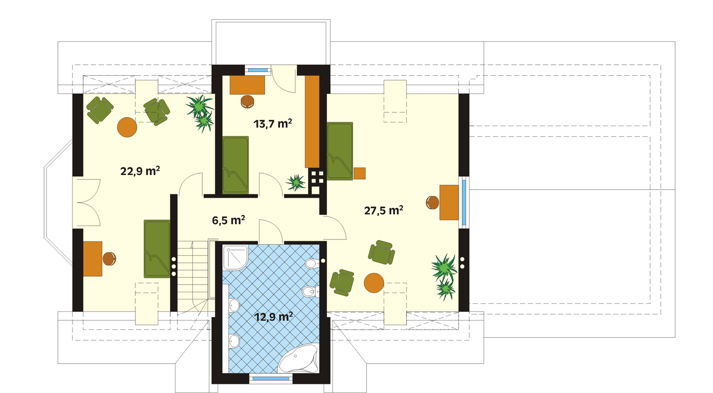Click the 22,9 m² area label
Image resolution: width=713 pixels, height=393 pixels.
coord(140,171)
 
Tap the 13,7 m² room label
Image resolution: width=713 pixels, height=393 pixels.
coord(273,124)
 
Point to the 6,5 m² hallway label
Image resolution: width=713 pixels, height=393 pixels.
coord(229,220)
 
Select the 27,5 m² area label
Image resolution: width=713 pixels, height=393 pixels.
coord(384,211)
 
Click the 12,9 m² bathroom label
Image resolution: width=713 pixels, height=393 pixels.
coord(274,317)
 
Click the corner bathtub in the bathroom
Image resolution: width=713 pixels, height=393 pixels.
coord(299,358)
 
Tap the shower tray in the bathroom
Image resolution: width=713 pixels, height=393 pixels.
coord(235,258)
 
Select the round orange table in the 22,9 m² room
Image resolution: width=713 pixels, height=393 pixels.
coord(127,127)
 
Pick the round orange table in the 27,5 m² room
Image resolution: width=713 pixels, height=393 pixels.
coord(374,283)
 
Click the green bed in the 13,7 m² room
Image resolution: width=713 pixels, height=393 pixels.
coord(235,165)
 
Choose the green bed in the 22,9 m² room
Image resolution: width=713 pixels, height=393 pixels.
coord(157,249)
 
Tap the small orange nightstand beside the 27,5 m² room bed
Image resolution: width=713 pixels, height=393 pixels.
coord(360,173)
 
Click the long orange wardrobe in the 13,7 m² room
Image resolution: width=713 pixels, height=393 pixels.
coord(312,122)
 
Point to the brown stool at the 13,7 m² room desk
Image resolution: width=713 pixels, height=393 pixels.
coord(247,101)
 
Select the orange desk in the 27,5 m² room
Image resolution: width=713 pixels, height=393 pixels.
coord(449,202)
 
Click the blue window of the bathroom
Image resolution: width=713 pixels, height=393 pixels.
coord(271,379)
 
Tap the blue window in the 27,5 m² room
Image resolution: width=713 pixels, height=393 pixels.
coord(464,202)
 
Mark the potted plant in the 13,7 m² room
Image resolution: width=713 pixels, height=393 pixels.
coord(296,182)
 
